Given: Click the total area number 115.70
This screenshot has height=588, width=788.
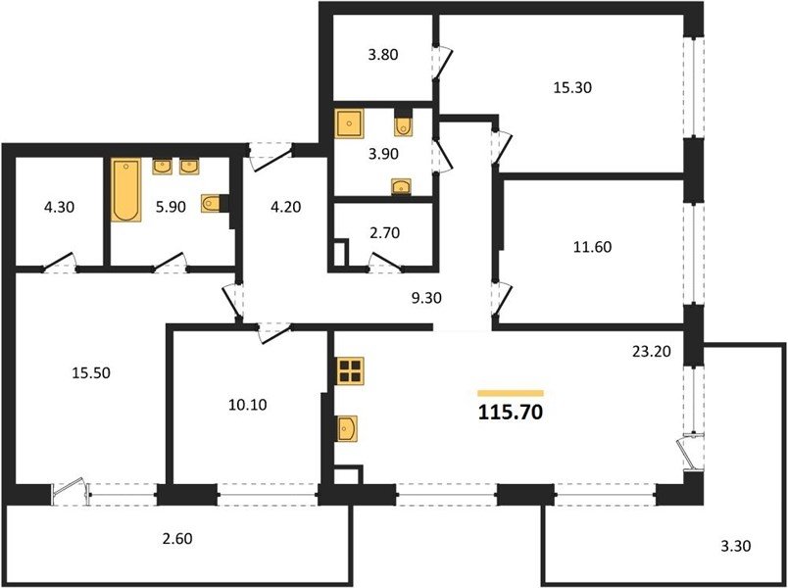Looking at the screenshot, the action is (510, 413).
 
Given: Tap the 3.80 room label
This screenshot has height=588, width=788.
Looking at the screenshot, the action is (383, 54).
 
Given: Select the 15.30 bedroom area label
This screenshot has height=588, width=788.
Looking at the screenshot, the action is (572, 87).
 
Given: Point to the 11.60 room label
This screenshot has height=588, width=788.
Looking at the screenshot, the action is (593, 247).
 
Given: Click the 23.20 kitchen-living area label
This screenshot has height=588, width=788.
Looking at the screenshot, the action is (652, 351).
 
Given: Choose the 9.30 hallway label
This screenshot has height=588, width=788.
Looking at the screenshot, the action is (426, 298).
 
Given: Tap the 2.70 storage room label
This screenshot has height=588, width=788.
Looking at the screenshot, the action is (384, 232).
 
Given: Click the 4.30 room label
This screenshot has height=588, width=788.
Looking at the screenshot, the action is (60, 207).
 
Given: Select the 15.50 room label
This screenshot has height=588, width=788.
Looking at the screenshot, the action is (91, 373).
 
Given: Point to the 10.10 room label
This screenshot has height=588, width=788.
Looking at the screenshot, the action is (247, 405).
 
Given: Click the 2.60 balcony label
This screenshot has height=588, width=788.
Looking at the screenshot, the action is (177, 538).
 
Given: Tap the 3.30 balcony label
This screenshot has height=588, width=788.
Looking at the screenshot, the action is (736, 545).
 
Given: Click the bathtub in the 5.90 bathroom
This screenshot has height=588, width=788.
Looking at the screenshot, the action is (125, 190).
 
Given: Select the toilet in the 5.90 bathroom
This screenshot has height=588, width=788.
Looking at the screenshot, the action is (211, 204).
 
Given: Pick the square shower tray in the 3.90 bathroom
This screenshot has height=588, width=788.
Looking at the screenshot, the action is (349, 123).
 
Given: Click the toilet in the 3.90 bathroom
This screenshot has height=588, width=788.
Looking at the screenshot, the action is (403, 126).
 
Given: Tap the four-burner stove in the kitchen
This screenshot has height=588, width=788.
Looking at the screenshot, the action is (350, 371).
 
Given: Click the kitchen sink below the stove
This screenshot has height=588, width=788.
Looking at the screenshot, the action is (347, 428).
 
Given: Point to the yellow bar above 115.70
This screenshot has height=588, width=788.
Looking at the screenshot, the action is (511, 393).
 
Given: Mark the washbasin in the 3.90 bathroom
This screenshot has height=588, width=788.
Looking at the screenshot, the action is (401, 186).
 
